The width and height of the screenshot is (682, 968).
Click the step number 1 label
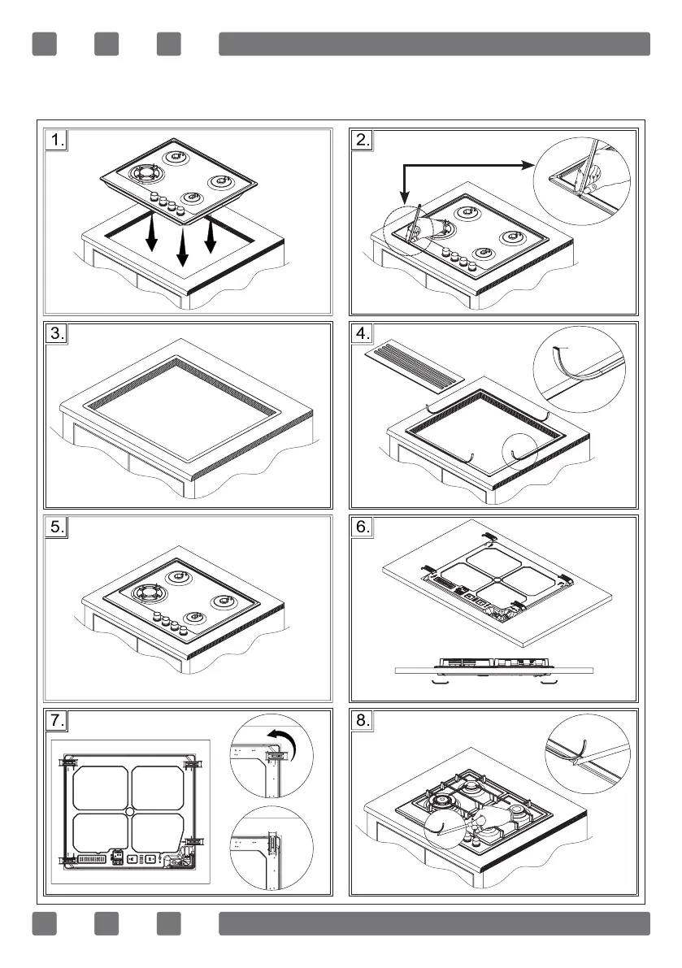click(x=55, y=140)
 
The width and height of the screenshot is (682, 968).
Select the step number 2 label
click(x=363, y=140)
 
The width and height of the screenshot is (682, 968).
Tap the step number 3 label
click(x=55, y=333)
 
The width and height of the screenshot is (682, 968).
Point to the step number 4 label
click(x=363, y=333)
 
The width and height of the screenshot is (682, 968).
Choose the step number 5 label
click(x=55, y=527)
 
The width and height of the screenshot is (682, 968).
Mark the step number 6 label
click(x=363, y=527)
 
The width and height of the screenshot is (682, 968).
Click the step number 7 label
click(x=55, y=720)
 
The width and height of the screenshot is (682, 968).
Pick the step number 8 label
click(x=363, y=720)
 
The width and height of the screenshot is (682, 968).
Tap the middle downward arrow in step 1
click(x=182, y=248)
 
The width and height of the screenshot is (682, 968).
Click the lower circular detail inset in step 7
click(x=271, y=852)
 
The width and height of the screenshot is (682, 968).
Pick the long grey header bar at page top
click(x=434, y=44)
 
